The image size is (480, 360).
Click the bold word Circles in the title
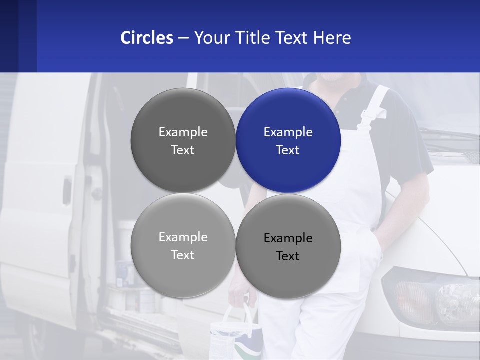pyautogui.click(x=146, y=38)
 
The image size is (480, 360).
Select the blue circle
pyautogui.click(x=288, y=140)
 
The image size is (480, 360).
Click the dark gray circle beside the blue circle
pyautogui.click(x=183, y=140)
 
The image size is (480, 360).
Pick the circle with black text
pyautogui.click(x=288, y=246)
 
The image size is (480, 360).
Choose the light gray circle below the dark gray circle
pyautogui.click(x=183, y=245)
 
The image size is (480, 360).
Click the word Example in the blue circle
pyautogui.click(x=288, y=132)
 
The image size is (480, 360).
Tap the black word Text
pyautogui.click(x=288, y=256)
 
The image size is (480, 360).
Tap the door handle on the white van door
pyautogui.click(x=67, y=190)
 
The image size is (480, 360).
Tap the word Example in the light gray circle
pyautogui.click(x=183, y=237)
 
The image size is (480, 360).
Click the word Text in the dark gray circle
pyautogui.click(x=183, y=150)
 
